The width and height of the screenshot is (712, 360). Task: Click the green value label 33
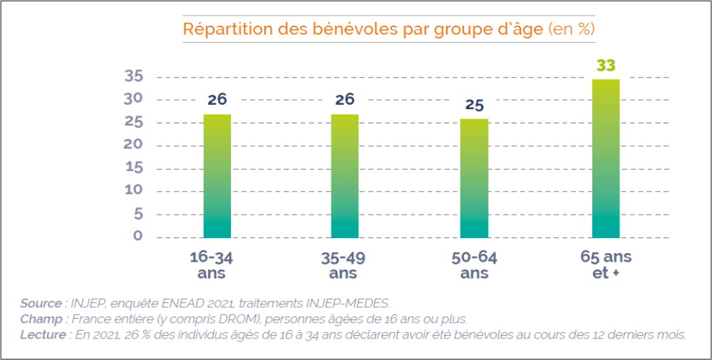click(x=606, y=66)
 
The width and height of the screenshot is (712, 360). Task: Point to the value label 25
click(x=475, y=106)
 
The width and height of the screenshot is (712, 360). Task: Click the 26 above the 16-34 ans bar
click(x=217, y=100)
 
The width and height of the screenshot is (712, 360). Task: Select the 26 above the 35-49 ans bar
click(x=345, y=100)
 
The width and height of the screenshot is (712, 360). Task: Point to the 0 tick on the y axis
click(x=138, y=236)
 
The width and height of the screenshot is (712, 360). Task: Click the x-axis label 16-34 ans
click(x=217, y=264)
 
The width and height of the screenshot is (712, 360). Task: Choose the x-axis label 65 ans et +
click(x=606, y=264)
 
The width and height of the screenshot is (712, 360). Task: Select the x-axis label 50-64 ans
click(x=475, y=264)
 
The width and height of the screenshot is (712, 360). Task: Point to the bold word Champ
click(x=40, y=319)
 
